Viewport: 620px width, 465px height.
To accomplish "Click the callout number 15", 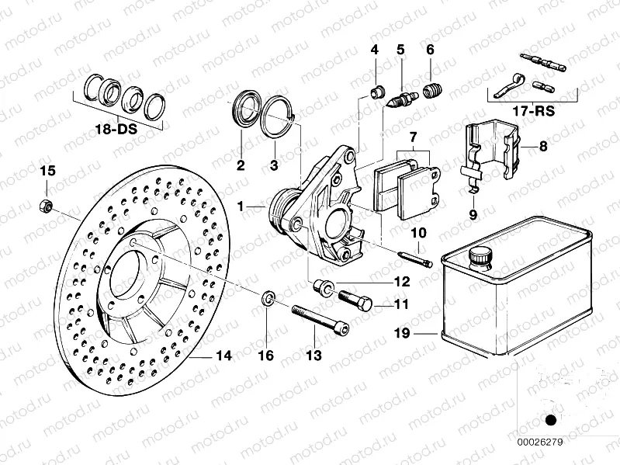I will [48, 170].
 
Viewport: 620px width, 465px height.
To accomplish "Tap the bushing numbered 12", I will [323, 289].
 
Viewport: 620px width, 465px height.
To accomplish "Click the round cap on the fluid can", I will [479, 255].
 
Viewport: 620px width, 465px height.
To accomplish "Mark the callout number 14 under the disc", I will [223, 356].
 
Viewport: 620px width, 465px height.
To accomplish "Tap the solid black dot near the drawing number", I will [551, 421].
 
